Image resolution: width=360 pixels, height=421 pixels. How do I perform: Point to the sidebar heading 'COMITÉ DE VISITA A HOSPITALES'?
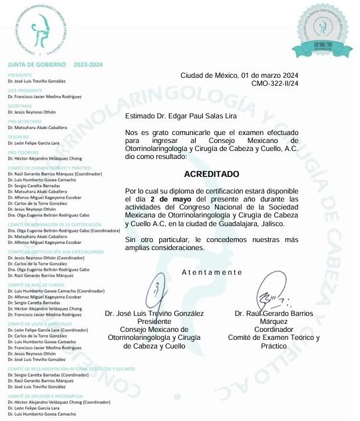(x=49, y=323)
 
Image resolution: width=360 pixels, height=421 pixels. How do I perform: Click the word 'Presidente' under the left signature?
(x=154, y=321)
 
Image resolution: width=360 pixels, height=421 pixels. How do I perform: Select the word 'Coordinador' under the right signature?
(x=274, y=329)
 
